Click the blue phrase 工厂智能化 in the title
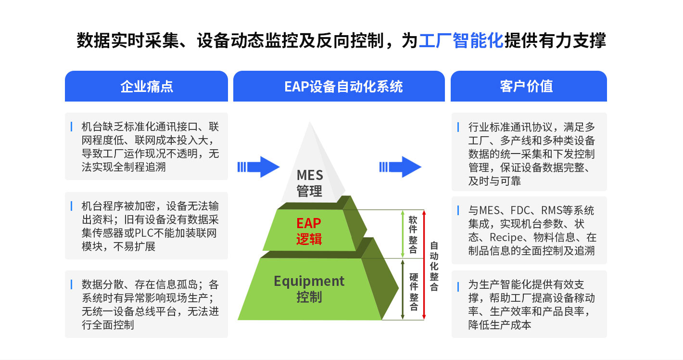[461, 40]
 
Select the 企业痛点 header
[146, 86]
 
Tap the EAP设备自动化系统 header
[339, 86]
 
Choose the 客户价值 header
[529, 86]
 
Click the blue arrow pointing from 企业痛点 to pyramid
[259, 167]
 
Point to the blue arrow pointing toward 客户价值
[400, 167]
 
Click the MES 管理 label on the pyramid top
[309, 183]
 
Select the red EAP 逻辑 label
[309, 231]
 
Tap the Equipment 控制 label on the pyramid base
[309, 289]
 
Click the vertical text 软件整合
[413, 234]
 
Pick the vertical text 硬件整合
[414, 292]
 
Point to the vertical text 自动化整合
[434, 266]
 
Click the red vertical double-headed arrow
[424, 265]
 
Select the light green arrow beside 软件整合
[403, 234]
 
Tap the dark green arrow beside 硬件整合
[403, 290]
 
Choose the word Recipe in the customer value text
[506, 238]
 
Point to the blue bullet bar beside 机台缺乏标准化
[71, 127]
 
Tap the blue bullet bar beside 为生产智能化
[458, 287]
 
